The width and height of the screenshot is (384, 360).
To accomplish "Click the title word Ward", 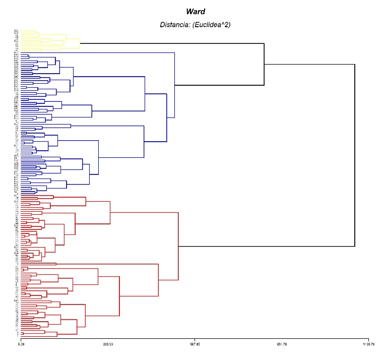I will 195,12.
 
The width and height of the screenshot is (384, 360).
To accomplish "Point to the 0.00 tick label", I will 21,344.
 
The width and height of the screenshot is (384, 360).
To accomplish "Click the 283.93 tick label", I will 108,344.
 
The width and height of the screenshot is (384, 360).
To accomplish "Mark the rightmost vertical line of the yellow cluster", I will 80,43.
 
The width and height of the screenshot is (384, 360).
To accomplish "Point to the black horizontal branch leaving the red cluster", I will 267,247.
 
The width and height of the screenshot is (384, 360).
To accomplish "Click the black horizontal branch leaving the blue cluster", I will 219,85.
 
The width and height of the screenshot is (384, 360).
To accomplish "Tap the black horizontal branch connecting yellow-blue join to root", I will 309,64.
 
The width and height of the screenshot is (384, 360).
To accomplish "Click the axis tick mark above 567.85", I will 195,339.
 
